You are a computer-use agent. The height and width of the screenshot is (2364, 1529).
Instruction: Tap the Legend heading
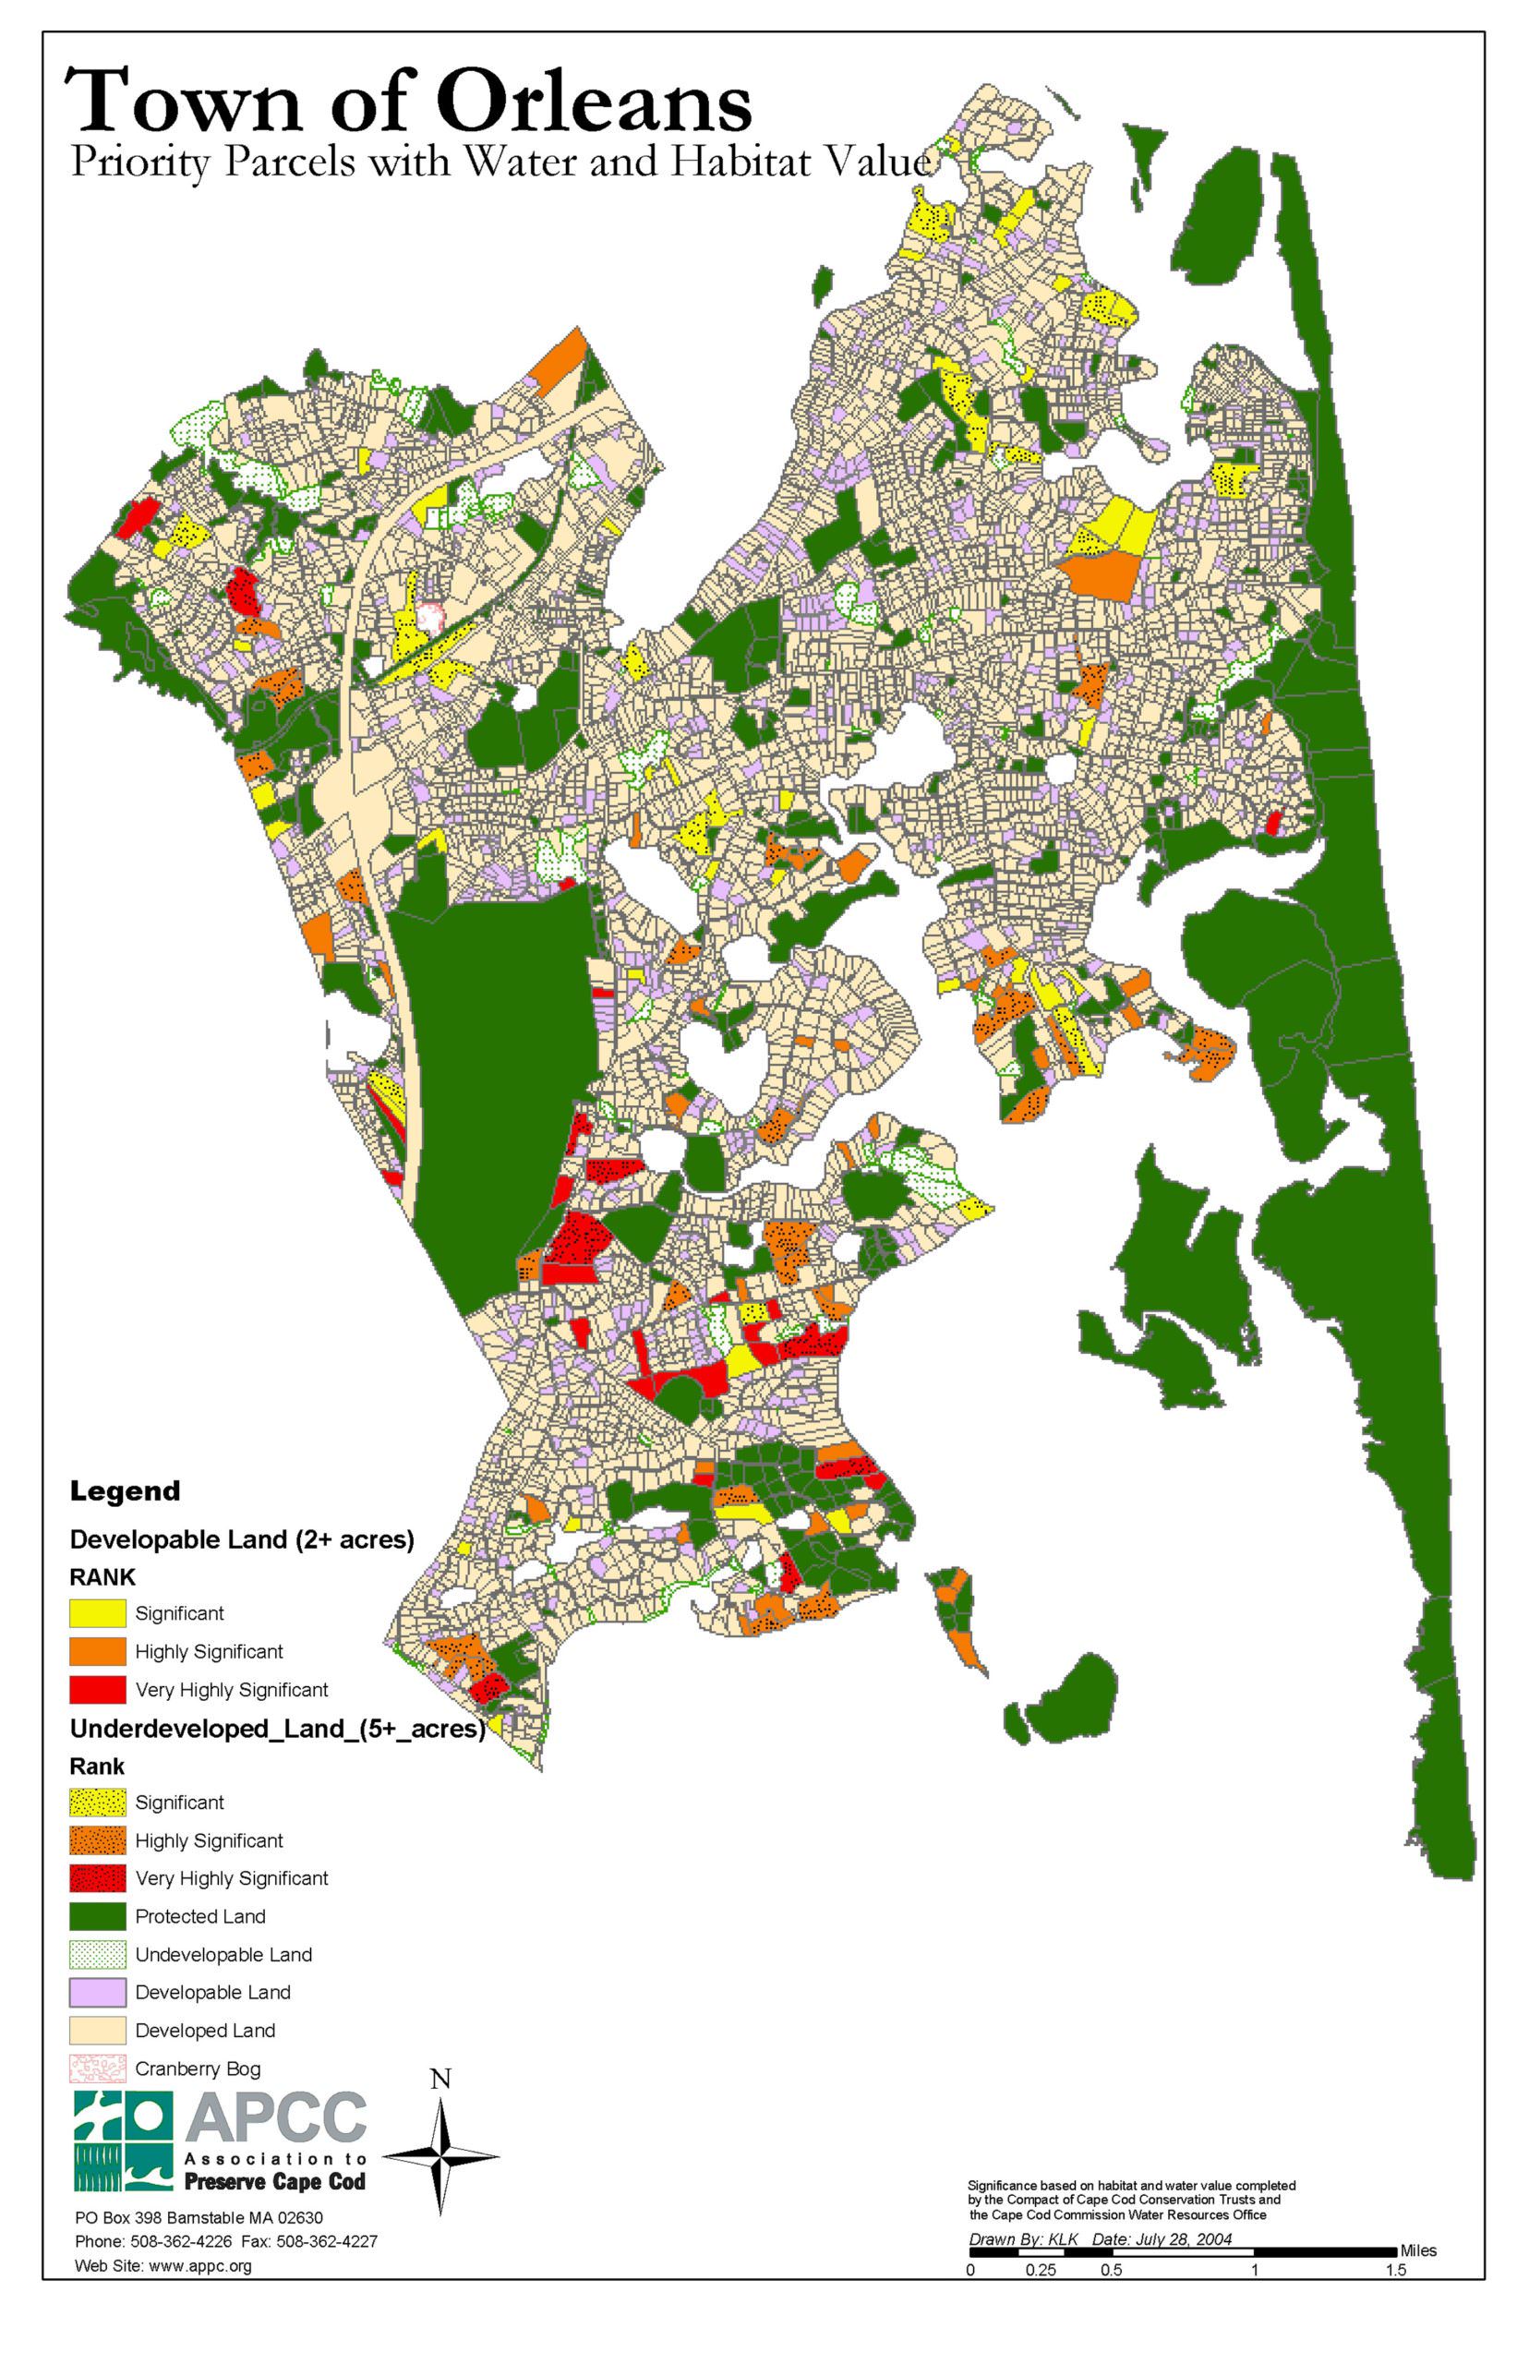pos(125,1491)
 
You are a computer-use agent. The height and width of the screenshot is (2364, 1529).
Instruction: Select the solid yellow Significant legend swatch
pos(97,1613)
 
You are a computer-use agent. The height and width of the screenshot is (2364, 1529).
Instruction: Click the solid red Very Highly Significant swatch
pos(97,1689)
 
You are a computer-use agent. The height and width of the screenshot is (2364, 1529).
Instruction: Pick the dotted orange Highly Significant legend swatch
pos(97,1839)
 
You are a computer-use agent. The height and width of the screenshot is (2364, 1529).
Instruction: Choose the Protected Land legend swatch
pos(97,1916)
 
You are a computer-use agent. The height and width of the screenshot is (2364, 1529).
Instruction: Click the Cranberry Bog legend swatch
pos(97,2068)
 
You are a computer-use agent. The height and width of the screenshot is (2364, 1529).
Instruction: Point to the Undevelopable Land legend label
pos(223,1954)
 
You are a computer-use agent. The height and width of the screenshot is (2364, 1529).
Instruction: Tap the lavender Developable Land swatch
pos(97,1992)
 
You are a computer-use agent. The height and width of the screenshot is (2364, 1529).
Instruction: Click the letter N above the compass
pos(440,2079)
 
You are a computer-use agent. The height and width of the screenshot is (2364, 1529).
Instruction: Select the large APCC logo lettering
pos(275,2120)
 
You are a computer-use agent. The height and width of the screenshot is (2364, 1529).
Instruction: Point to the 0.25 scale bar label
pos(1041,2271)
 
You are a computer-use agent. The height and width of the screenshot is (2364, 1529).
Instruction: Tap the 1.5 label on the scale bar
pos(1395,2271)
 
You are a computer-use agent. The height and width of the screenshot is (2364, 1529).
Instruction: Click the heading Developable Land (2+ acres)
pos(241,1540)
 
